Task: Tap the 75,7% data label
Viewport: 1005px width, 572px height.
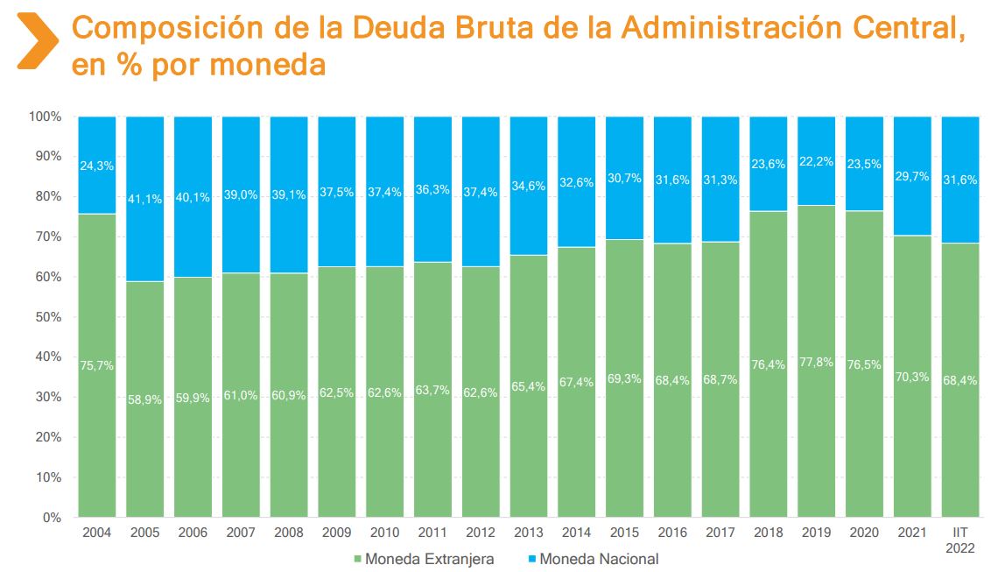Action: pos(97,365)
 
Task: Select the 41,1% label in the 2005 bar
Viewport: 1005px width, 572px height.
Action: pos(145,199)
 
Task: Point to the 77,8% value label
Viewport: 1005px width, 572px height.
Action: pos(817,362)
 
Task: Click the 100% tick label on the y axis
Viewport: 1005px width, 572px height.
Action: pos(45,117)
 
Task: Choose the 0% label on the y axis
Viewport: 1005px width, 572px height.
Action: pos(52,517)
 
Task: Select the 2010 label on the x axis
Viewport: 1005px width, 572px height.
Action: pos(384,533)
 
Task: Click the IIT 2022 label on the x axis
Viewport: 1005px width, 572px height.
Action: pos(960,539)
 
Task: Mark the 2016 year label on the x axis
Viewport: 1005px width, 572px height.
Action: pos(672,533)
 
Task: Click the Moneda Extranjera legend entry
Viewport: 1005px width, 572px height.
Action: pos(424,559)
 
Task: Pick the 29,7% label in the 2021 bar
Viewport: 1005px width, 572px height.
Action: pos(913,176)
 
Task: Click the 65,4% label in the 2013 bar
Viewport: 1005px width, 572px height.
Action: pos(529,385)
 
